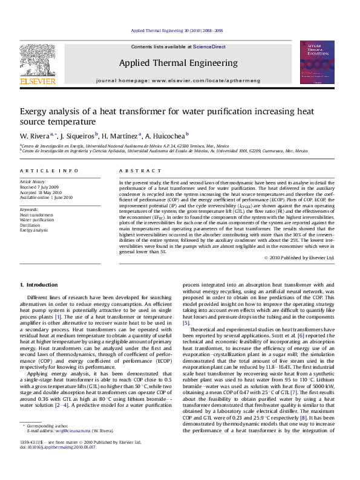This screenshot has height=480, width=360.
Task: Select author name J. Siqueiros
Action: [77, 136]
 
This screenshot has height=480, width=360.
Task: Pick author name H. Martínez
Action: [120, 136]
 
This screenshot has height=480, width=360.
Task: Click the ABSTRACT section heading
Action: [134, 172]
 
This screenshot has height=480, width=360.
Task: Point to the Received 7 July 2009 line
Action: [39, 187]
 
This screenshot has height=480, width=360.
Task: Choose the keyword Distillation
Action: [31, 225]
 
